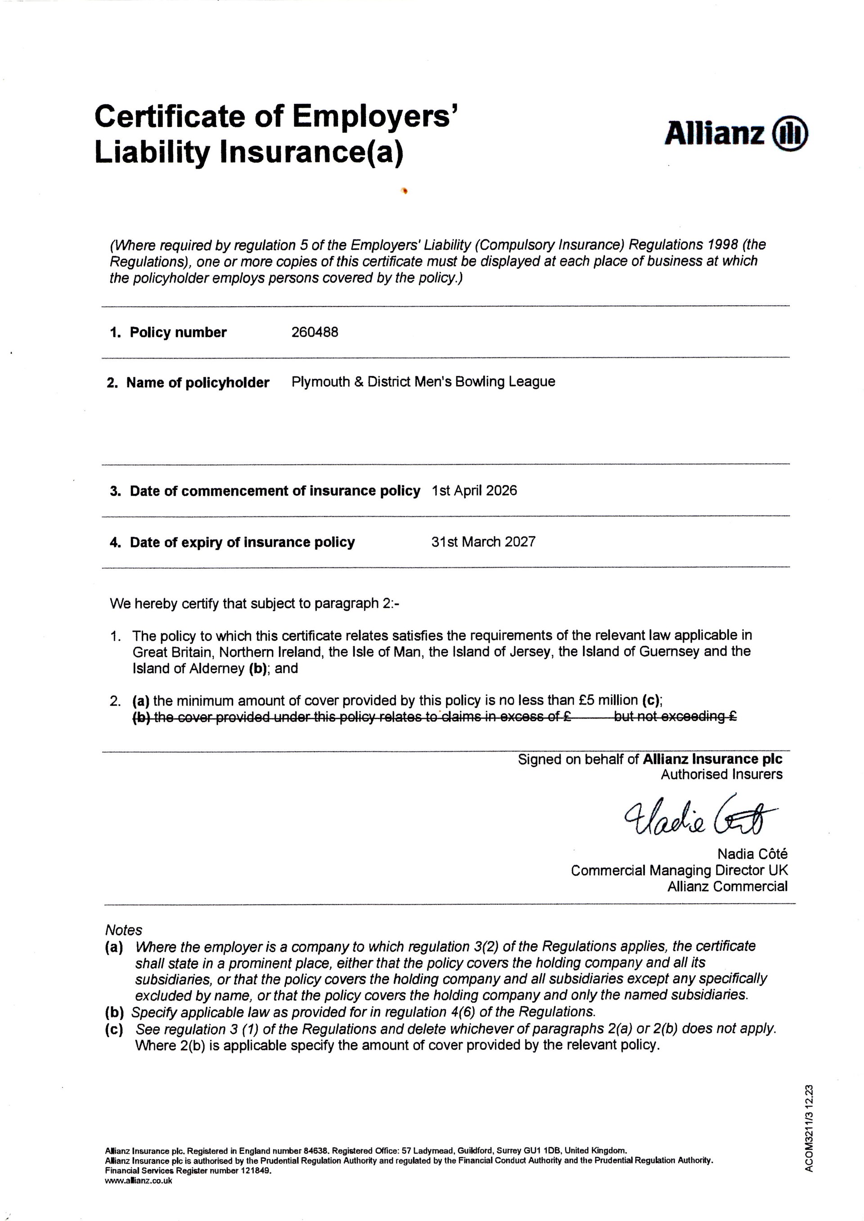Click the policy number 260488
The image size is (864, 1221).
[x=315, y=332]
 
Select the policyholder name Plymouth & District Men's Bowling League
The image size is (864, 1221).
[x=423, y=382]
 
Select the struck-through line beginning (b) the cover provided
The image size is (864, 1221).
[x=434, y=716]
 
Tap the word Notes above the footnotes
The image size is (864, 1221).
[x=123, y=931]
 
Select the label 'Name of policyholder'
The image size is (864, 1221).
[x=198, y=383]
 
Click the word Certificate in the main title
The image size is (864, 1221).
[x=170, y=117]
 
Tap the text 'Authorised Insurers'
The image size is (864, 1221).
[x=721, y=774]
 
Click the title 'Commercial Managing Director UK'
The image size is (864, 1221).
[x=679, y=870]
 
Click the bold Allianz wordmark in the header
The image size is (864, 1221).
[x=715, y=133]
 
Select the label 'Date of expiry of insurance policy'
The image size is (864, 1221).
[x=242, y=543]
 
